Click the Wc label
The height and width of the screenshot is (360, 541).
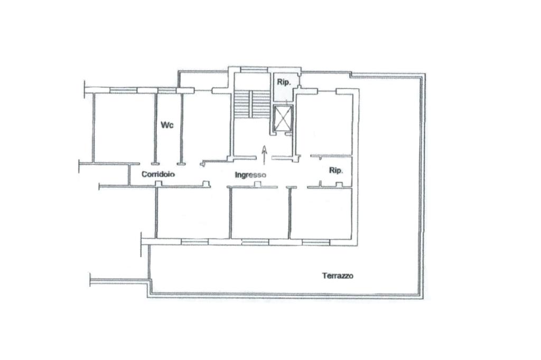[167, 125]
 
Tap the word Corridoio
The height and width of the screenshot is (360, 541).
[158, 174]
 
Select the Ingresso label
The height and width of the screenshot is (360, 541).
[250, 175]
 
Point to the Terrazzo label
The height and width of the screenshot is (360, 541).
[338, 276]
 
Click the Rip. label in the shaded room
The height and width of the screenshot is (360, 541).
[284, 82]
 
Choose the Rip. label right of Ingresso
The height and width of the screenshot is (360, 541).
[335, 170]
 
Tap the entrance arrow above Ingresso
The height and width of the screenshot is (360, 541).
[264, 155]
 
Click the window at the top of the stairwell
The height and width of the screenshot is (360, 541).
[254, 70]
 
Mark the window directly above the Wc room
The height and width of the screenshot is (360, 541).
[167, 91]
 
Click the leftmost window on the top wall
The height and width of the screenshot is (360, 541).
[124, 91]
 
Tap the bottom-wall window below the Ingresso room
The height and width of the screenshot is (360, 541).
[255, 242]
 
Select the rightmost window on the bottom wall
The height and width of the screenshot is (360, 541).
[316, 242]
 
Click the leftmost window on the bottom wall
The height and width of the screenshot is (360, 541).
[195, 242]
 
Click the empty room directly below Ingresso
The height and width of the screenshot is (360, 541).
[260, 213]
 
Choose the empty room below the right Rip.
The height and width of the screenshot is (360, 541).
[321, 213]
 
